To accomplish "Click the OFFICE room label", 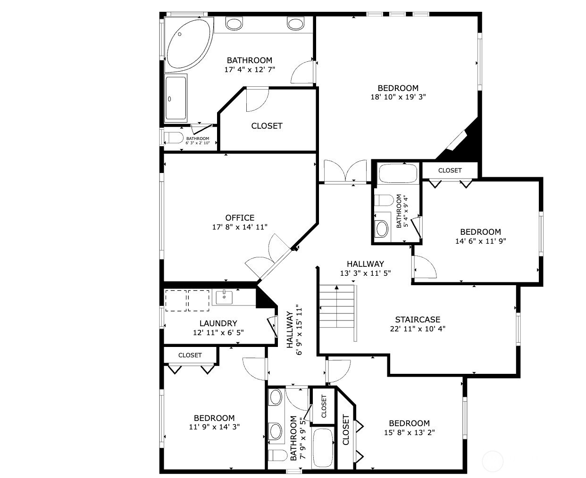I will pos(240,218).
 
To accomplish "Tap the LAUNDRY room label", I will pos(218,323).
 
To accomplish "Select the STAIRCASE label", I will pos(418,320).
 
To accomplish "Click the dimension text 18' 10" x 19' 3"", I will pos(398,97).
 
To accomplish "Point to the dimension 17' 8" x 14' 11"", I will pos(240,227).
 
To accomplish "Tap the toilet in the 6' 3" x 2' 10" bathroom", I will pos(174,138).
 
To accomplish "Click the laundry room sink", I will pos(224,297).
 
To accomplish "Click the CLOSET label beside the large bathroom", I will pos(267,126).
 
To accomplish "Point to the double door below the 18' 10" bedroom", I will pos(345,171).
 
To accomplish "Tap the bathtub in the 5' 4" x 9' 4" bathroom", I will pos(398,173).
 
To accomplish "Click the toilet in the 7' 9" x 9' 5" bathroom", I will pos(277,455).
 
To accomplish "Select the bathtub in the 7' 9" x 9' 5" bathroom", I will pos(323,448).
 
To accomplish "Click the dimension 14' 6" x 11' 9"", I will pos(480,241).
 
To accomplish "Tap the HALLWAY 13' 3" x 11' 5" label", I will pos(365,264).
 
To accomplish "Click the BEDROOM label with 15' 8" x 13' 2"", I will pos(409,423).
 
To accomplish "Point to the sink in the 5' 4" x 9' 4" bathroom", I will pos(381,229).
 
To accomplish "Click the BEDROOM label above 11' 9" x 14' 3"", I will pos(214,418).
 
